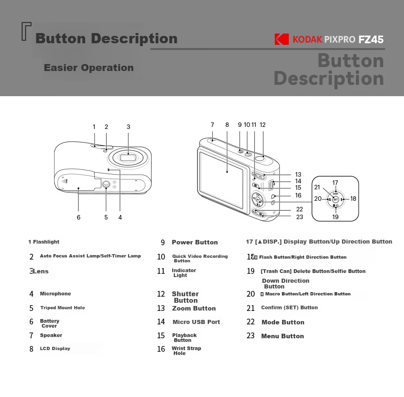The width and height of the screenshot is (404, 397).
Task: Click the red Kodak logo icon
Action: coord(282,39)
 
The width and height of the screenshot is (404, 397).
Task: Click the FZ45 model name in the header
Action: coord(371,40)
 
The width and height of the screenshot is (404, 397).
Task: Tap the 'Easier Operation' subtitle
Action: coord(89,67)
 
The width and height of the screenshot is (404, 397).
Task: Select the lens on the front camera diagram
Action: coord(128,157)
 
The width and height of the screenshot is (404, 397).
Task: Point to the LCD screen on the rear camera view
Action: coord(222,180)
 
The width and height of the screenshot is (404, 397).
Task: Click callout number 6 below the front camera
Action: coord(79,217)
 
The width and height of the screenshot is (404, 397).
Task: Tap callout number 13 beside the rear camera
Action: coord(298,174)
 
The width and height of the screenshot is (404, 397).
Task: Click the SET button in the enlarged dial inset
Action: coord(335,200)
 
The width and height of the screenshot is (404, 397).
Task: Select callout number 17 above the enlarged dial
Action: coord(335,183)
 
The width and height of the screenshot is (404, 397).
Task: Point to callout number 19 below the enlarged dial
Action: coord(335,217)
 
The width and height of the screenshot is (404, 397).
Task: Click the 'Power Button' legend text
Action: coord(195,242)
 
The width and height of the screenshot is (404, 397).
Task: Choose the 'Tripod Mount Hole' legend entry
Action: coord(62,308)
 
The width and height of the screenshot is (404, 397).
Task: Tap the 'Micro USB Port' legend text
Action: coord(196,322)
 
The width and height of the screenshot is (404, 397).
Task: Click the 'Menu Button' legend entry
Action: coord(283,336)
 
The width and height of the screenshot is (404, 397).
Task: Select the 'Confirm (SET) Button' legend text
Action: coord(289,307)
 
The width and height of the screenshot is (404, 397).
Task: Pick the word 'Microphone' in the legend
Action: coord(55,294)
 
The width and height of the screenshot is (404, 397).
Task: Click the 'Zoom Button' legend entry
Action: coord(194,308)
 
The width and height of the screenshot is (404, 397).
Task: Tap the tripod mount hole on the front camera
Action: coord(106,184)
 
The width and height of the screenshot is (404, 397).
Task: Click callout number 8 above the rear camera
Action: coord(227,125)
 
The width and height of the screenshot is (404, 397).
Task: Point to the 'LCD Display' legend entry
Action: coord(55,348)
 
